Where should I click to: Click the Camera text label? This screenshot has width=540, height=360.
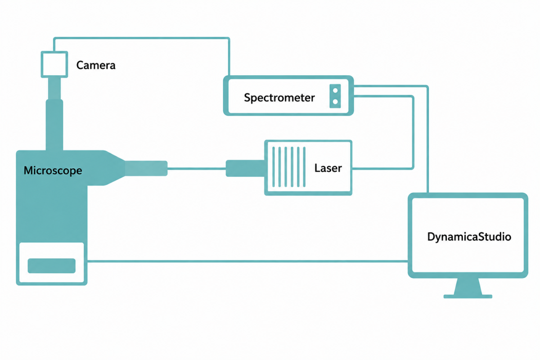96,65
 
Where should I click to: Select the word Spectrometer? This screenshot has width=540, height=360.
279,98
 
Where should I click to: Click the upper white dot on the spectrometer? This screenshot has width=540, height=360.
335,90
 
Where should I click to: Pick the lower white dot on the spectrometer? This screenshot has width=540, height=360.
335,102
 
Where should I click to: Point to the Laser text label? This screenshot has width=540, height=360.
328,168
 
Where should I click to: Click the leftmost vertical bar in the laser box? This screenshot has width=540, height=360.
274,167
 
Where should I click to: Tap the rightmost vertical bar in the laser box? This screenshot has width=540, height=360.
304,167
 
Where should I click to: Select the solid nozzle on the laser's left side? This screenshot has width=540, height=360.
245,168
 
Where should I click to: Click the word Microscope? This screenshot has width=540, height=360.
53,171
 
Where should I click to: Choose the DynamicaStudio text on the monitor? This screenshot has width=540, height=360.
469,237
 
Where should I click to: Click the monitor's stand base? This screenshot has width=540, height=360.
468,297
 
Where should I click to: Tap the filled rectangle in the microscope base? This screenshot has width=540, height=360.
52,265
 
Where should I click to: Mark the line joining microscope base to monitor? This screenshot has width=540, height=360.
247,261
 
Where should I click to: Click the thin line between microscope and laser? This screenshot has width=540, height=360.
197,169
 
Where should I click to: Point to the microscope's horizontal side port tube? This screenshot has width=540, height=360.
146,168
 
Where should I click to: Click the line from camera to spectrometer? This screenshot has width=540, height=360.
141,38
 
